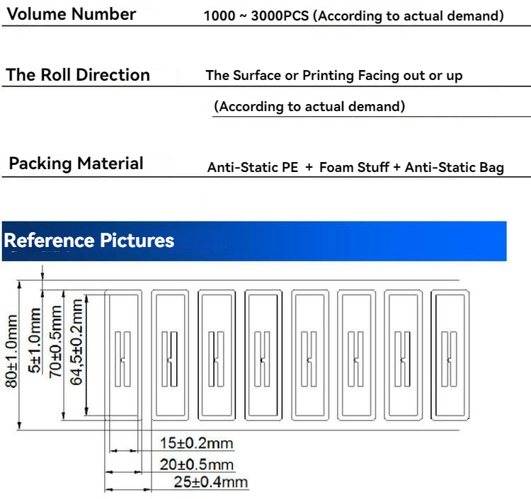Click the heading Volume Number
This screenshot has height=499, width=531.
point(72,15)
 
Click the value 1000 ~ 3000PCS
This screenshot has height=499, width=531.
point(256,16)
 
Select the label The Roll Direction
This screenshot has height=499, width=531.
point(78,75)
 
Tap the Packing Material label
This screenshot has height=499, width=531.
point(76,164)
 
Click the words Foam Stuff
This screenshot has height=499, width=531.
point(354,167)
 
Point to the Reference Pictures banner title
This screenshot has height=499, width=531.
point(89,241)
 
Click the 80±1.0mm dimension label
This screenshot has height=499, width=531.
point(11,351)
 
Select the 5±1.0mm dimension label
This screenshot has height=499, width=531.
point(34,340)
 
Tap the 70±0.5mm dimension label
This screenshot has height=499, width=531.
point(55,342)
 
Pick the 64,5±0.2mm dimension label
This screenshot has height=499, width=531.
point(76,343)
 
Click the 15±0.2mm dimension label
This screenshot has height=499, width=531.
point(197,443)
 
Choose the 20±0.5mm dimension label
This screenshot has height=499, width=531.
point(197,464)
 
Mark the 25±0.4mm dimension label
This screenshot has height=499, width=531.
point(211,482)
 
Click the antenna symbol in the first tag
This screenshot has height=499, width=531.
point(122,359)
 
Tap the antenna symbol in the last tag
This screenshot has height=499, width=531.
point(449,359)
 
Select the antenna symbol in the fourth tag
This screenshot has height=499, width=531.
point(262,359)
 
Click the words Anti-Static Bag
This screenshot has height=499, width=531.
point(455,168)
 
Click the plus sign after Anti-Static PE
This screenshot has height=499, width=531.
point(309,167)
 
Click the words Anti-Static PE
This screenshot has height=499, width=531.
point(253,167)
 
